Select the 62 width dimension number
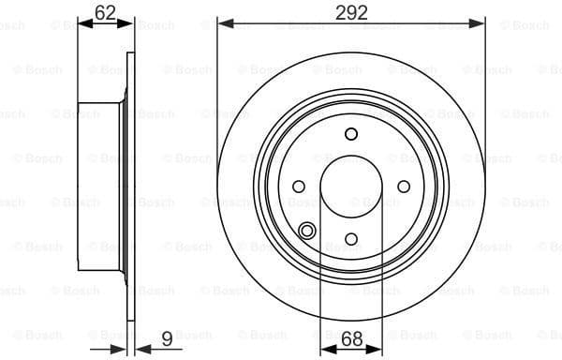(x=106, y=12)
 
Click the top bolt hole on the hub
(x=351, y=133)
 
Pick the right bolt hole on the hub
(x=404, y=186)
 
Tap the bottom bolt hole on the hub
(x=351, y=239)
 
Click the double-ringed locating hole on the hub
(x=307, y=231)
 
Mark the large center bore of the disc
(x=351, y=186)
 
